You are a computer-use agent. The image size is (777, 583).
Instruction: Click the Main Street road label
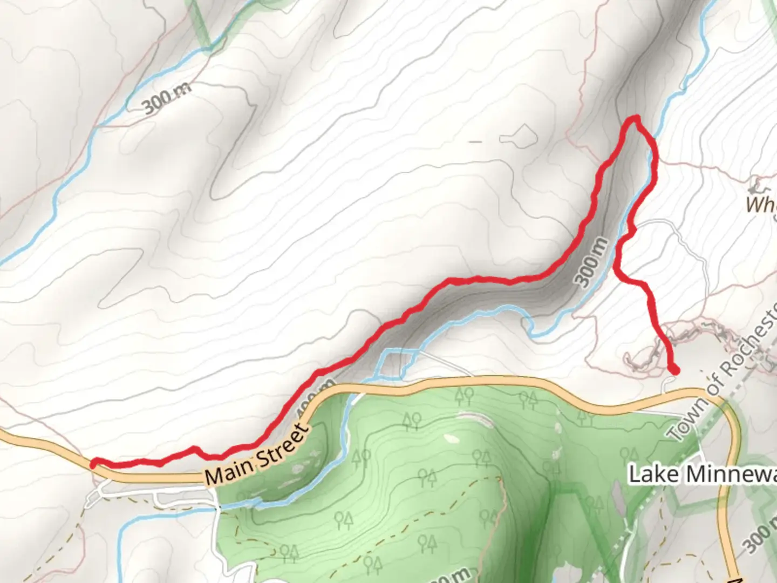tap(257, 454)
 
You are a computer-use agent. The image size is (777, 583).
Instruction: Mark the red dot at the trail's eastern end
tap(674, 369)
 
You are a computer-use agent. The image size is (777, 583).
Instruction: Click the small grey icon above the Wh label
tap(755, 187)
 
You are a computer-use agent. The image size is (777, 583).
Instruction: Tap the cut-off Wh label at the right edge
tap(761, 205)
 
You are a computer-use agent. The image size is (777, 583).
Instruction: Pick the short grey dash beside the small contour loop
tap(475, 142)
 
